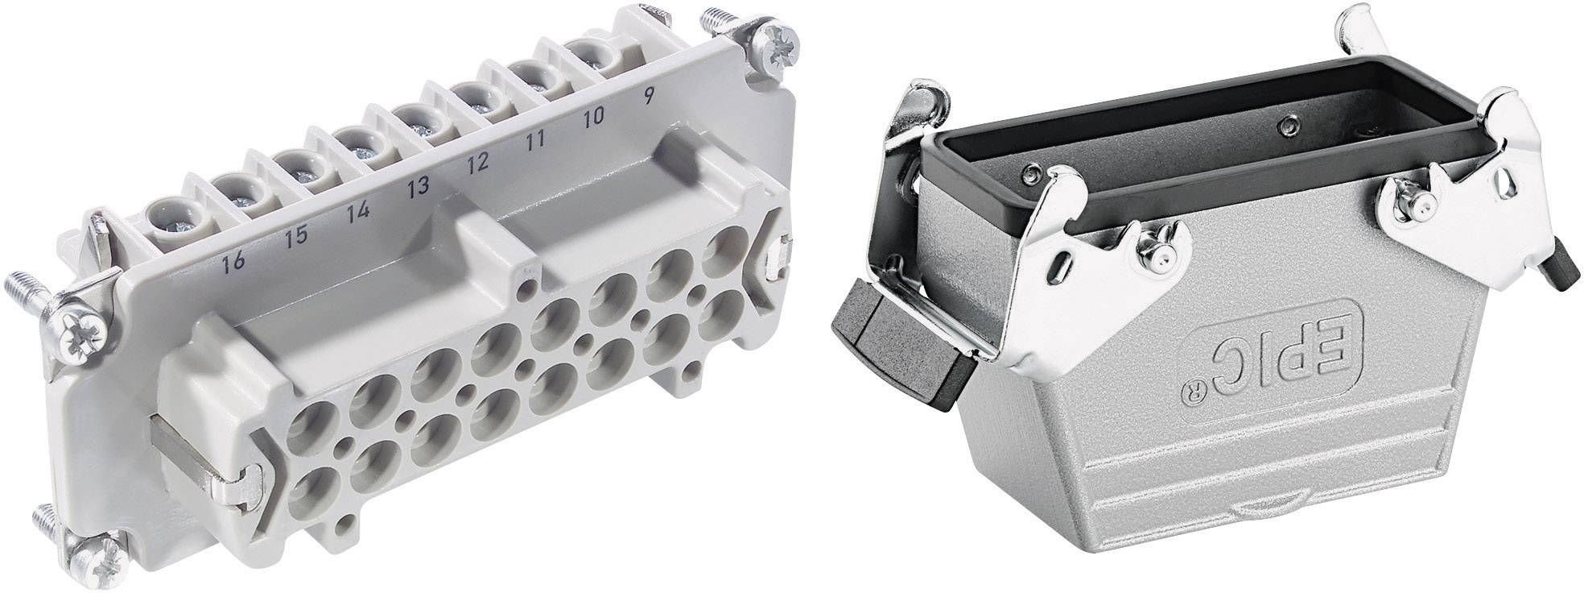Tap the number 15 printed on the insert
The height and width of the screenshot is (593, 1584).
(296, 237)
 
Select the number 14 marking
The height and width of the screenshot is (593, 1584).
(359, 214)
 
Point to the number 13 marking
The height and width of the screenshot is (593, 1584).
(417, 190)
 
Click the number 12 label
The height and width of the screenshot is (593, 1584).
(476, 164)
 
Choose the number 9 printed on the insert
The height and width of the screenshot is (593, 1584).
(645, 95)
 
